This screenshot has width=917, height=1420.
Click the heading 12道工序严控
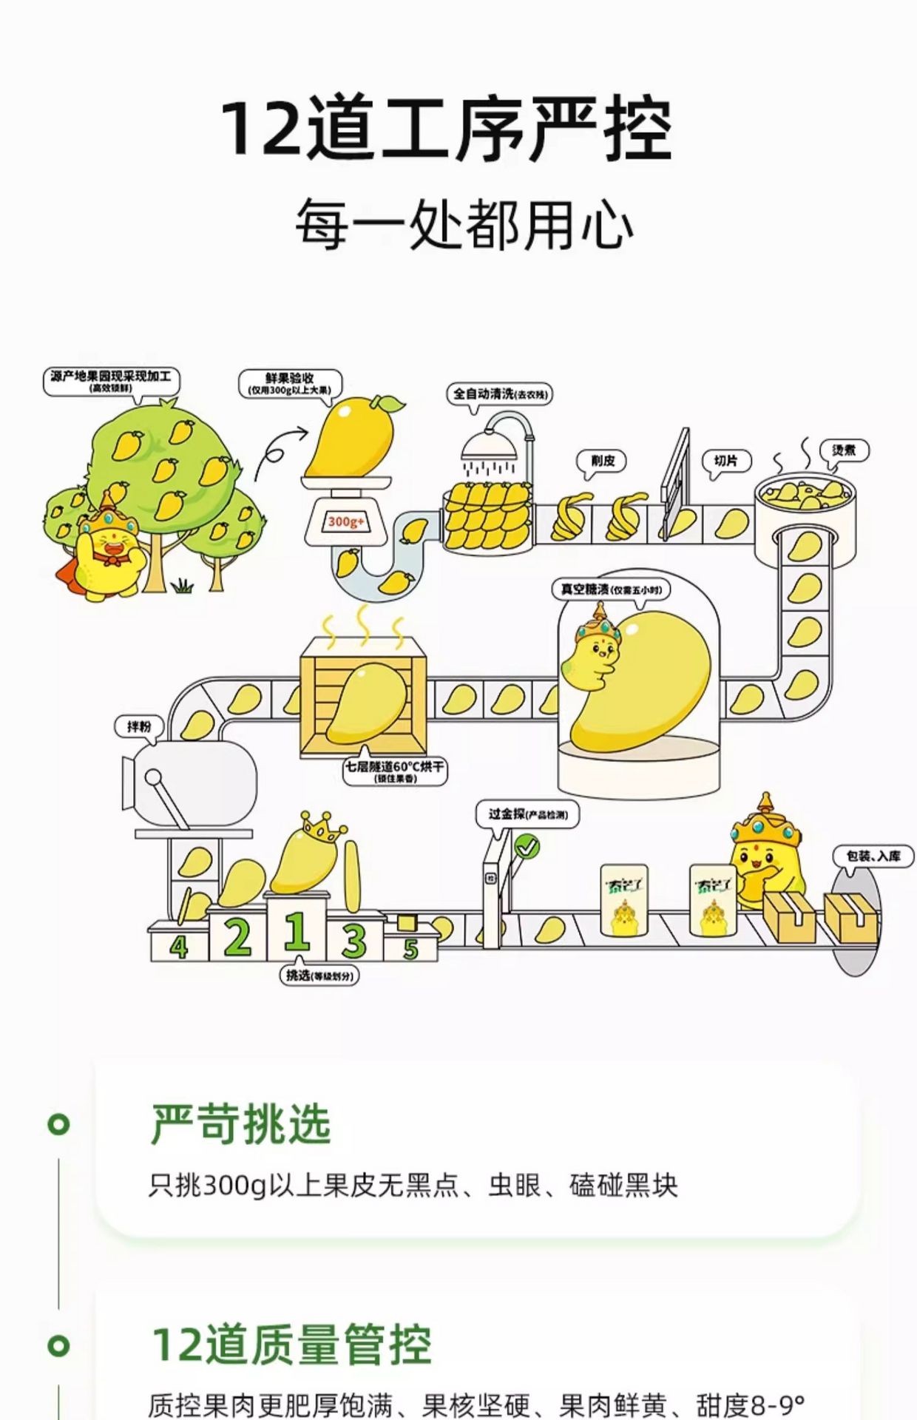(447, 129)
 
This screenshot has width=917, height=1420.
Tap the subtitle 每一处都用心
(464, 224)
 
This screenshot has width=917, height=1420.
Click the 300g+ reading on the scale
(345, 522)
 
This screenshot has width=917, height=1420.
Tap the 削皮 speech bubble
(602, 461)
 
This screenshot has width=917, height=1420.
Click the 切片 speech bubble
(725, 461)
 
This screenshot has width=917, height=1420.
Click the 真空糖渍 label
(611, 589)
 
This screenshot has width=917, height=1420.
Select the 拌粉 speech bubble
(139, 726)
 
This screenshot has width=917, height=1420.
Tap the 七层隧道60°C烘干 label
(395, 770)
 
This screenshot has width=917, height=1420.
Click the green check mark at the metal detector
(527, 846)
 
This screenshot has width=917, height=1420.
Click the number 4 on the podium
(178, 946)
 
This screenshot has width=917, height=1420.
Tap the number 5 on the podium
(410, 948)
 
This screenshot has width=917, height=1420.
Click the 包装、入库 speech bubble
(873, 856)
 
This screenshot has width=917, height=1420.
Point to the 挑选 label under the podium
(320, 976)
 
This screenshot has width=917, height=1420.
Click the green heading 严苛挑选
(240, 1124)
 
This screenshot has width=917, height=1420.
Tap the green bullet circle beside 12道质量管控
(58, 1345)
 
